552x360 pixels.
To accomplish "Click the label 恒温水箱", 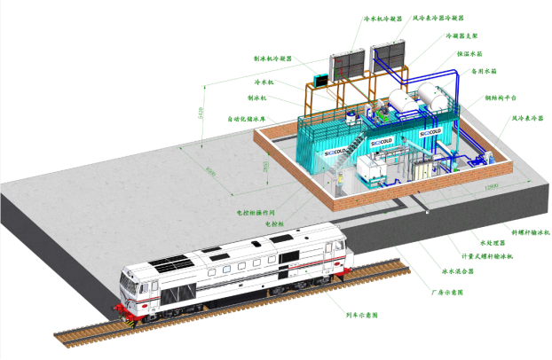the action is [471, 54].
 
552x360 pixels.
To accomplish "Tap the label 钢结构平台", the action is [494, 98].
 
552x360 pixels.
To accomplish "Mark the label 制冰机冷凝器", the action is [273, 59].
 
